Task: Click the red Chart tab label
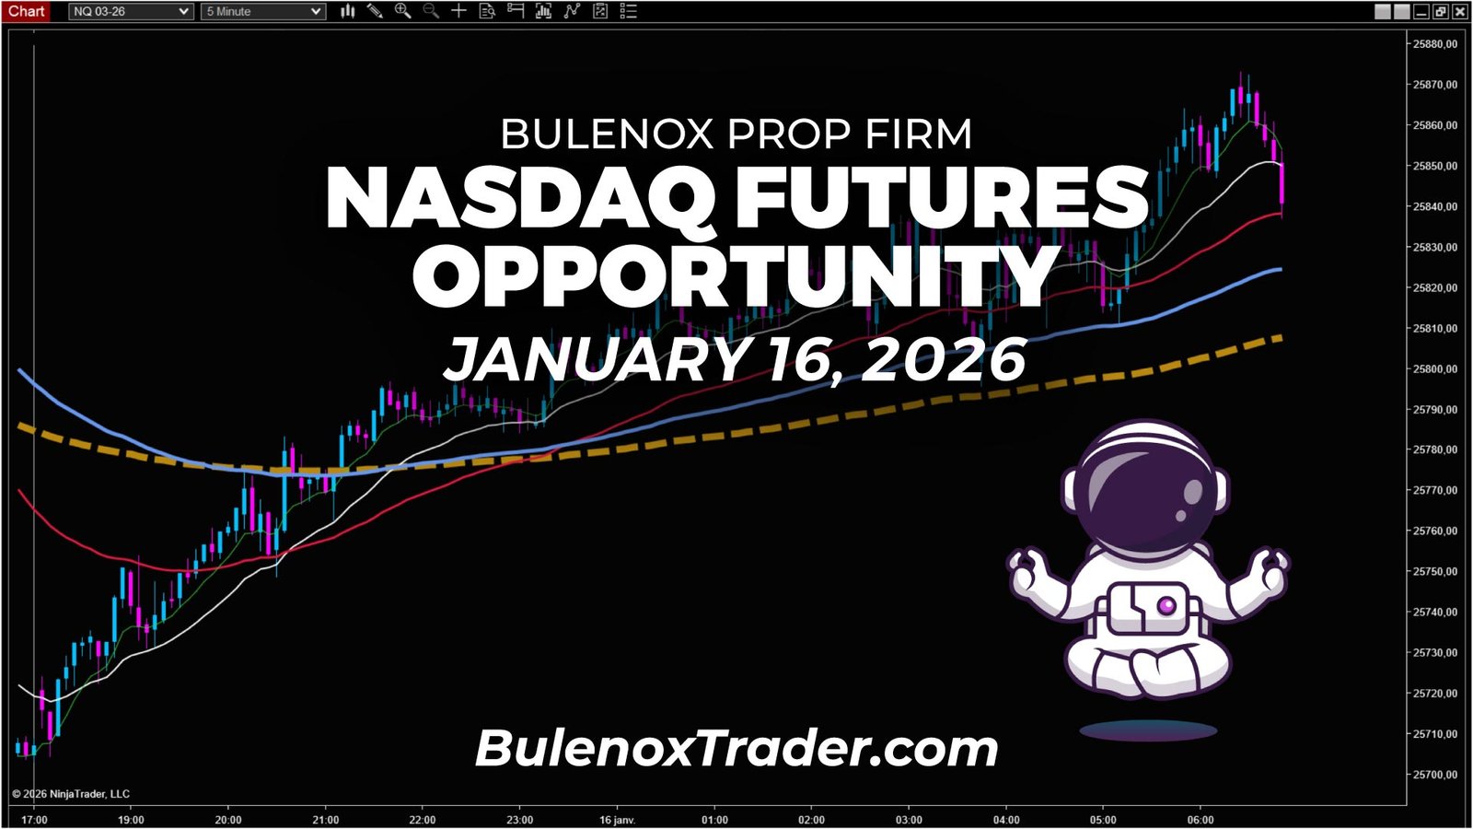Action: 26,11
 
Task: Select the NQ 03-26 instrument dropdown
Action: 131,11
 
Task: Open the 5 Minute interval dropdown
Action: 263,11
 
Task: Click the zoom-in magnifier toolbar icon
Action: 402,11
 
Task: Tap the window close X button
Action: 1459,11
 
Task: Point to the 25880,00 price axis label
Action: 1435,44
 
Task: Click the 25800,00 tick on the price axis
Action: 1435,368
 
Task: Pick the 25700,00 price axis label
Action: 1435,775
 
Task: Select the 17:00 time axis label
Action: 34,820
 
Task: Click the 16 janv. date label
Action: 617,820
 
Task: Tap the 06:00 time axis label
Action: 1200,820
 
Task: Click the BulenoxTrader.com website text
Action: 736,748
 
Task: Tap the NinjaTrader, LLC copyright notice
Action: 72,794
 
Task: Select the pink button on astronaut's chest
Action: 1166,605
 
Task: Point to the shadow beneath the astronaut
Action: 1148,731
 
